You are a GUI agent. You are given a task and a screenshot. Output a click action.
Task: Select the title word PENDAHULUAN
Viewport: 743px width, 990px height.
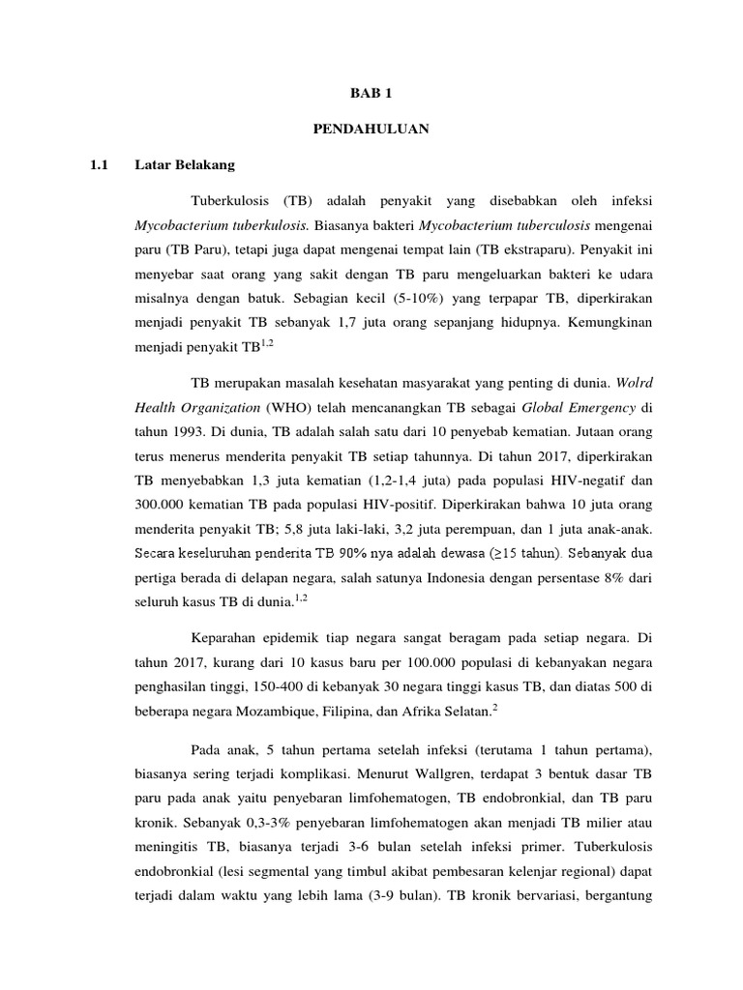(371, 128)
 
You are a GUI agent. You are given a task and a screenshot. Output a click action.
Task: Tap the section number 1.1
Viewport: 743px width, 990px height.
(98, 165)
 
